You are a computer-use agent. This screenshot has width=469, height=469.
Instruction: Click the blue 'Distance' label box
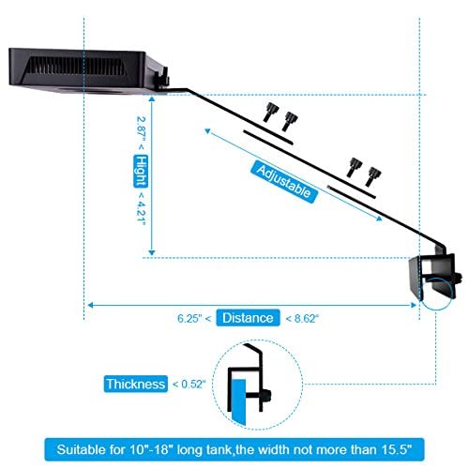point(248,318)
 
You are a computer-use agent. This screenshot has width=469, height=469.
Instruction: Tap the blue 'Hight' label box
point(141,172)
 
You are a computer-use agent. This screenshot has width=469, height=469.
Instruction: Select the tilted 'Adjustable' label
point(284,182)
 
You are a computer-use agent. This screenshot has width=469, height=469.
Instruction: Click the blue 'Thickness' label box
point(136,384)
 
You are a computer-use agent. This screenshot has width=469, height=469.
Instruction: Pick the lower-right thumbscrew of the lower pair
point(373,176)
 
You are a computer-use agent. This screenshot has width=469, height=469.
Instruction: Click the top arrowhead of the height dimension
point(152,98)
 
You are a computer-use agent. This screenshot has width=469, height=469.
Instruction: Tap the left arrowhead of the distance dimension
point(90,305)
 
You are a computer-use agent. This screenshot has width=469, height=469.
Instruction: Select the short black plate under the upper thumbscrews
point(268,138)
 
